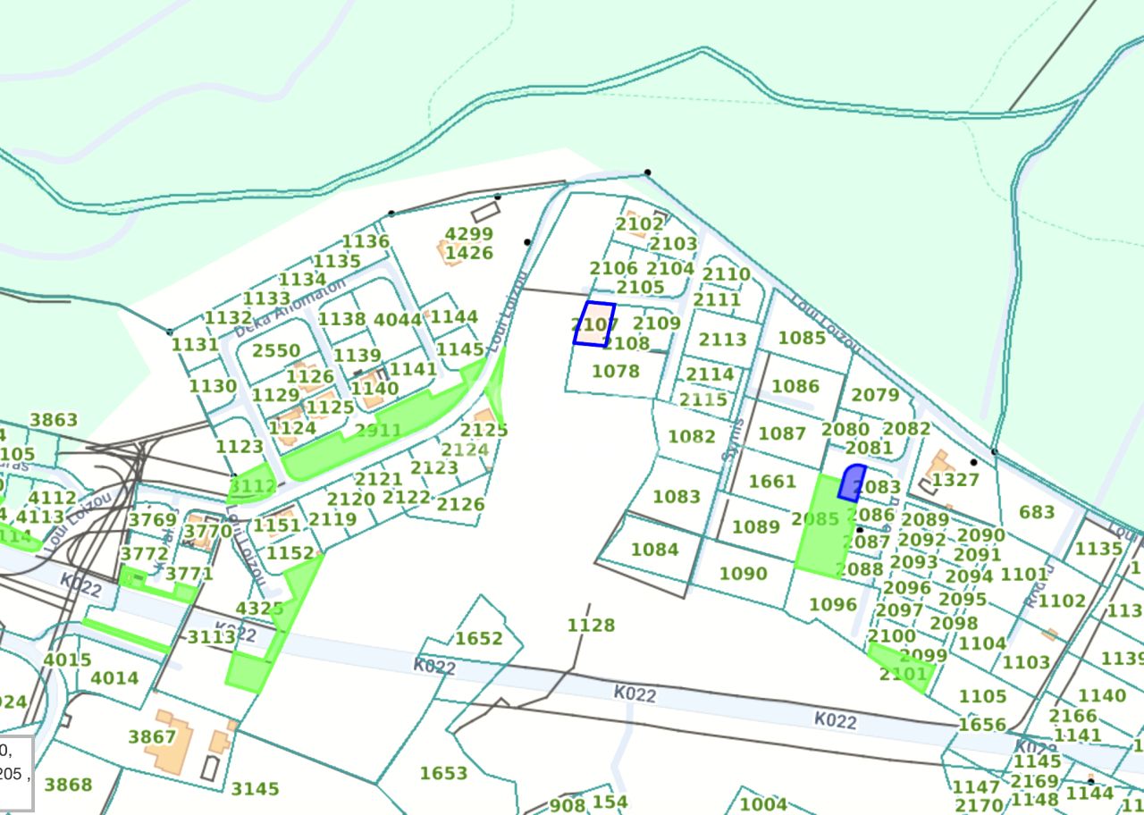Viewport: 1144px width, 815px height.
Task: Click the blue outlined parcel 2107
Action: point(594,323)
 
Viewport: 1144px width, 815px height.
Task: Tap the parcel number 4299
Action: point(469,234)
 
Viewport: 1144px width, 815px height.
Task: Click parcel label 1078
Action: point(616,371)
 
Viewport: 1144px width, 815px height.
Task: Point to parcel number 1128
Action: point(591,625)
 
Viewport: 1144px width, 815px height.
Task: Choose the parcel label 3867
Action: point(152,736)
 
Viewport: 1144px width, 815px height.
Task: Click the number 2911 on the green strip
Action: point(378,431)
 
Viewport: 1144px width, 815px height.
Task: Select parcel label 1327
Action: point(955,480)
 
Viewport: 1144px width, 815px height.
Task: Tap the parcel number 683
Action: point(1037,512)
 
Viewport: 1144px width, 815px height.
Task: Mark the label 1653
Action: point(443,773)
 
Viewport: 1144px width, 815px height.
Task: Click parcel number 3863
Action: point(54,420)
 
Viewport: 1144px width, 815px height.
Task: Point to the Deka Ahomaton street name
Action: point(290,307)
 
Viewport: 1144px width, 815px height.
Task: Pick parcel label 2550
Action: point(276,351)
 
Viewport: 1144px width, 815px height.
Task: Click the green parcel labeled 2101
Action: point(903,673)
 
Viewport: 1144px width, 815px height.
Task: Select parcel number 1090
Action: point(743,574)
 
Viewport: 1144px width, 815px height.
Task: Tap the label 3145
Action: point(255,789)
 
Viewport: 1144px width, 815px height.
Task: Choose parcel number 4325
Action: point(259,609)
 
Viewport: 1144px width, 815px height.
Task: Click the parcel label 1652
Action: point(479,638)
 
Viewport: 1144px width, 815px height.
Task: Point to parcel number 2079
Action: point(875,395)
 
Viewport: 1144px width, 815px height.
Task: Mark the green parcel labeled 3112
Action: point(252,485)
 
